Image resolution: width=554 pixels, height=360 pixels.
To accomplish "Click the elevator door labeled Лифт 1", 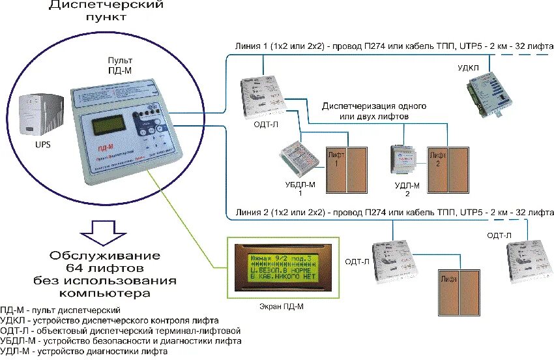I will click(x=346, y=169).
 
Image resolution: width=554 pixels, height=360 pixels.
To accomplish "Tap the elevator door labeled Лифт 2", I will click(x=447, y=169).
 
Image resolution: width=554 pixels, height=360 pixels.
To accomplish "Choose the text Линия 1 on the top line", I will click(x=253, y=47).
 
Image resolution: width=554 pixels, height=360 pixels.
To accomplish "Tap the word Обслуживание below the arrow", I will click(x=106, y=254).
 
